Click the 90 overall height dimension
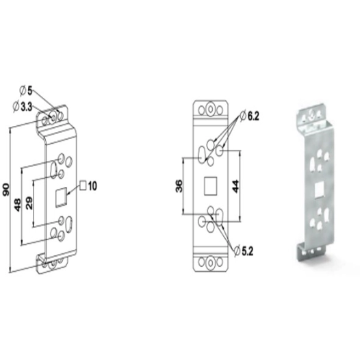click(6, 190)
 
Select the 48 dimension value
click(18, 205)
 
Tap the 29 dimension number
click(29, 203)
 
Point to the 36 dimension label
click(179, 186)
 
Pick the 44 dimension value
click(236, 186)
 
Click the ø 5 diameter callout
click(26, 91)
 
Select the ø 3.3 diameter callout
click(23, 107)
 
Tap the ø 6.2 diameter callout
click(249, 116)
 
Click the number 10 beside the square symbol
click(92, 186)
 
